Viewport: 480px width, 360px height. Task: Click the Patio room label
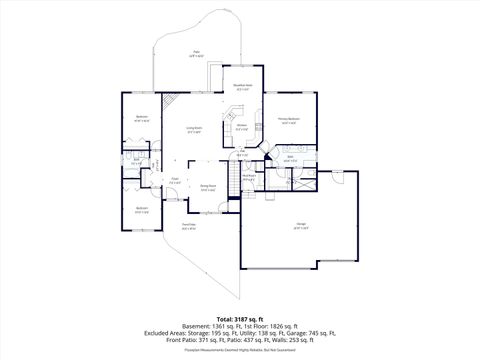[x=198, y=54]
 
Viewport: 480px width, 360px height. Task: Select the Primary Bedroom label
[x=289, y=121]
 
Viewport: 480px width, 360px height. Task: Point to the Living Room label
[x=194, y=130]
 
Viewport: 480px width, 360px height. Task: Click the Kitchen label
[x=242, y=127]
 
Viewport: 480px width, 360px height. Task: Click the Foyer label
[x=174, y=182]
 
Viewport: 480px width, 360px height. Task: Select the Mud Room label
[x=249, y=179]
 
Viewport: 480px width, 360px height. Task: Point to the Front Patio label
[x=188, y=226]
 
